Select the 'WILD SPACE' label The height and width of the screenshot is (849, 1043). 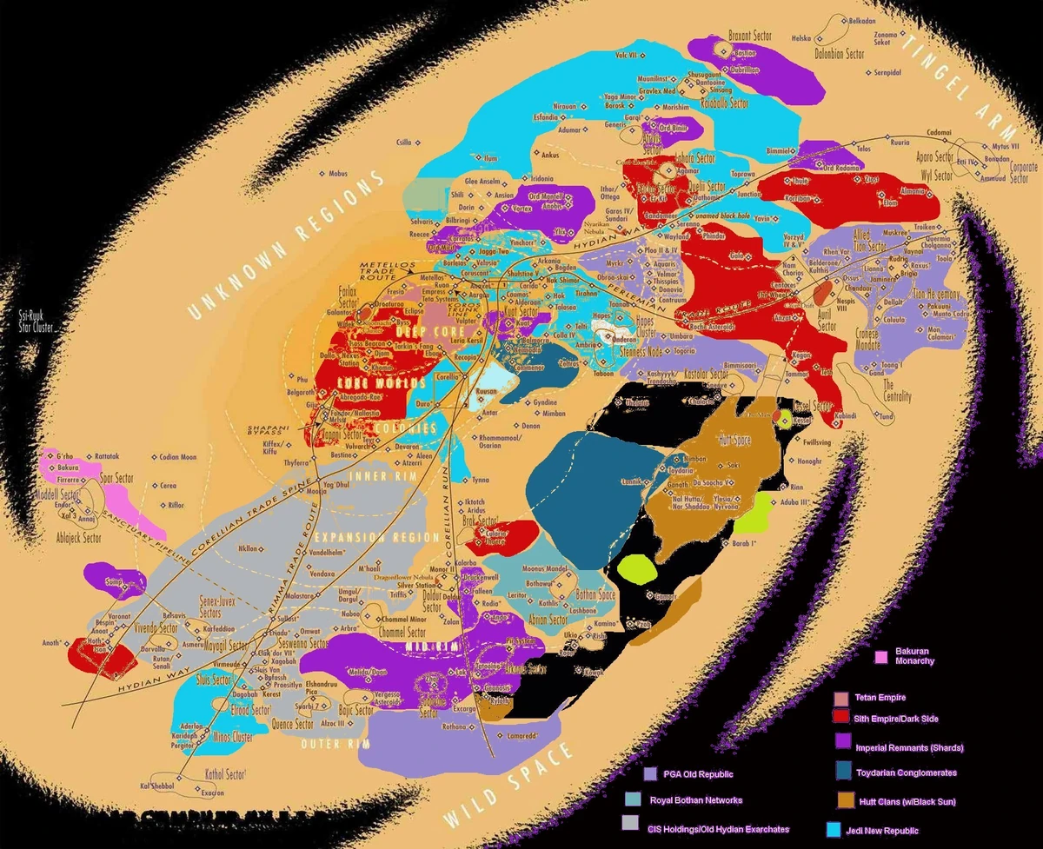(509, 787)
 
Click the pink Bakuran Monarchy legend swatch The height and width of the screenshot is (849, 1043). (880, 656)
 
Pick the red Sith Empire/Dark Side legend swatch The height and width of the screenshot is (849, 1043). (840, 718)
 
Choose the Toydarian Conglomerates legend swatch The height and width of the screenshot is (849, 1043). (841, 772)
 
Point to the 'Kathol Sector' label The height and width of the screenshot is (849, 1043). (224, 773)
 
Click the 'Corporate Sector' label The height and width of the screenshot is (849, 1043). (1024, 172)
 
